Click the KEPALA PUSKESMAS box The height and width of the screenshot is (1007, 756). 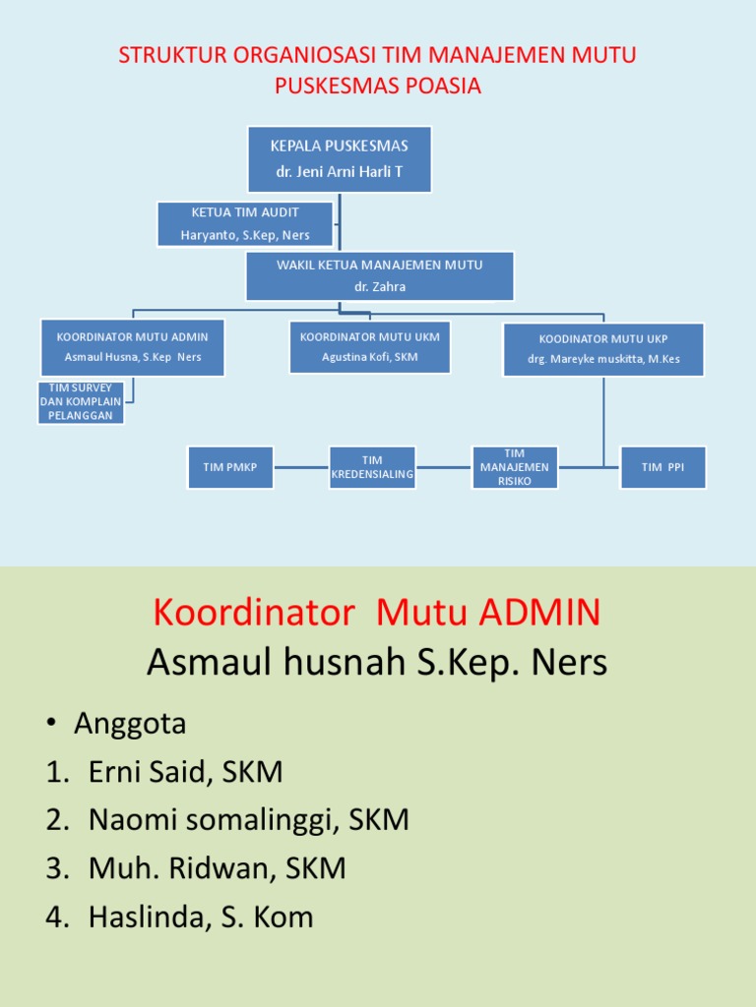pyautogui.click(x=340, y=159)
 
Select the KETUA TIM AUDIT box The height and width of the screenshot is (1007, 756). pyautogui.click(x=245, y=224)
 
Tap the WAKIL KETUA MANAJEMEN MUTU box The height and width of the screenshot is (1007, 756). pyautogui.click(x=380, y=276)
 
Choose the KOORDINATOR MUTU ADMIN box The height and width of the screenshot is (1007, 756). pyautogui.click(x=133, y=347)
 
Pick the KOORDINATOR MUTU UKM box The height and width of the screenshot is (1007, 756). pyautogui.click(x=370, y=347)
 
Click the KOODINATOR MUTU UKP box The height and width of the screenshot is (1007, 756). pyautogui.click(x=603, y=349)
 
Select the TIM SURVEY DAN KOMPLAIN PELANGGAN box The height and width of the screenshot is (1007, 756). pyautogui.click(x=81, y=402)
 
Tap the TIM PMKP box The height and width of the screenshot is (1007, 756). pyautogui.click(x=230, y=467)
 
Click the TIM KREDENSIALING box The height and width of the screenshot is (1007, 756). pyautogui.click(x=372, y=467)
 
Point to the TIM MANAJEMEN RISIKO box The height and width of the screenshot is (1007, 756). pyautogui.click(x=514, y=467)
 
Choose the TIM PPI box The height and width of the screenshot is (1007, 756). pyautogui.click(x=662, y=467)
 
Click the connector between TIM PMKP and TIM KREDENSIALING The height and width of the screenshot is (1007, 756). pyautogui.click(x=301, y=467)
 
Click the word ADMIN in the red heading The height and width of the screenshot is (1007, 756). pyautogui.click(x=539, y=612)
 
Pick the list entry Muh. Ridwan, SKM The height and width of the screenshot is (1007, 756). pyautogui.click(x=218, y=868)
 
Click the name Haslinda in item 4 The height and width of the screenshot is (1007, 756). pyautogui.click(x=150, y=917)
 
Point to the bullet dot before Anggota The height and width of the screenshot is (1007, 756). pyautogui.click(x=51, y=723)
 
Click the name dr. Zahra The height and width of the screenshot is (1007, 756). pyautogui.click(x=380, y=286)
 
